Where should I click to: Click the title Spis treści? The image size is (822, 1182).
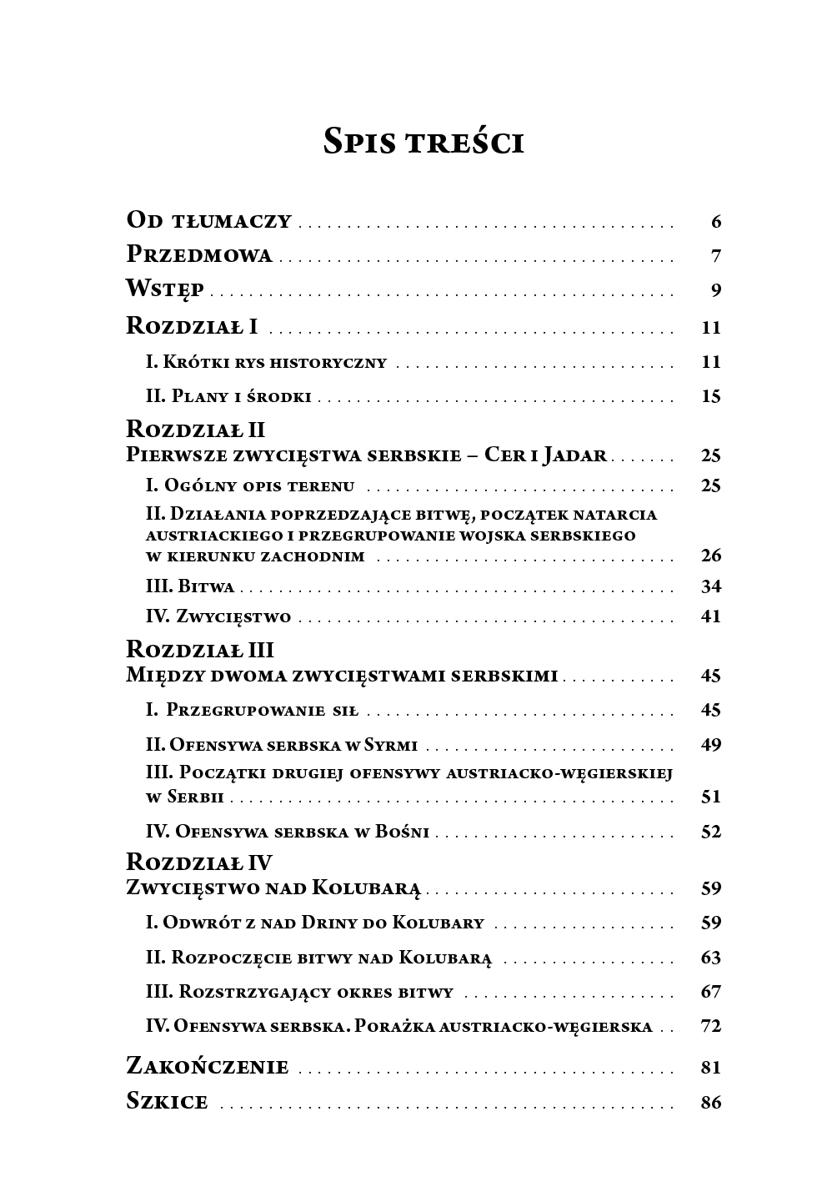(424, 142)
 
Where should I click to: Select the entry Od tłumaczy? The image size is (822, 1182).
(208, 221)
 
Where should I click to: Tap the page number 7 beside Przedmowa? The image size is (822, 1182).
(715, 256)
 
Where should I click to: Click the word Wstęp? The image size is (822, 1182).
(165, 290)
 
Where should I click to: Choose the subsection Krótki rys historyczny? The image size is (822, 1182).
(266, 362)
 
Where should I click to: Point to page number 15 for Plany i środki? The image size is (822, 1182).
(710, 396)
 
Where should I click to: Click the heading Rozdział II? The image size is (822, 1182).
(195, 429)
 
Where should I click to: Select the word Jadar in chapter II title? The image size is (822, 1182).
(574, 455)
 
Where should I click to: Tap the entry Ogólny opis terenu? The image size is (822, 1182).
(250, 485)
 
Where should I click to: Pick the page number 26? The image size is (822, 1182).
(710, 556)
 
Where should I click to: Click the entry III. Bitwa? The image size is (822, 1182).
(190, 586)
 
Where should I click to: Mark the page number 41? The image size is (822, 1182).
(710, 617)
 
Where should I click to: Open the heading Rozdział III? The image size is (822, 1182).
(199, 650)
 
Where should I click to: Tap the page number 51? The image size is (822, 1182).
(710, 797)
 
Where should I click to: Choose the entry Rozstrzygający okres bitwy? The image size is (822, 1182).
(299, 992)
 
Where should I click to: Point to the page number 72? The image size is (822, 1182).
(710, 1026)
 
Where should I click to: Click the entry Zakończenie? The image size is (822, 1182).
(207, 1067)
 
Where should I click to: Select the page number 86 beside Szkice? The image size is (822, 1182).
(710, 1102)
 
